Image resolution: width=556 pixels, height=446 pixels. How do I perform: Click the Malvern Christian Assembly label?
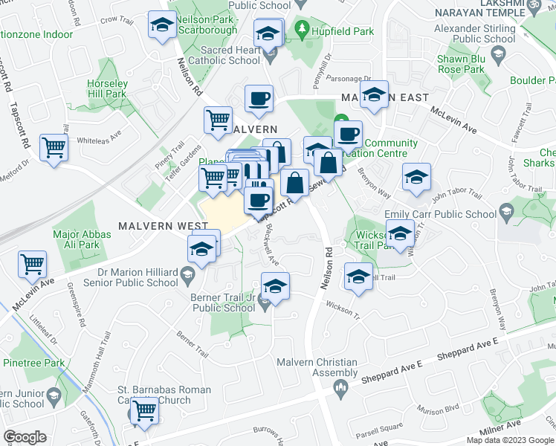(x=317, y=367)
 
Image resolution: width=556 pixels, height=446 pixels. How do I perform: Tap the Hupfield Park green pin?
(x=301, y=30)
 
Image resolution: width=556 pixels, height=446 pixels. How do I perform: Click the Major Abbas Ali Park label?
(x=82, y=239)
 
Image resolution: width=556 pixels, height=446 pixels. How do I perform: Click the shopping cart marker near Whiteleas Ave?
(x=54, y=147)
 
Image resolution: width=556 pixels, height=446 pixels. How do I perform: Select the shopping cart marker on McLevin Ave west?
(x=33, y=263)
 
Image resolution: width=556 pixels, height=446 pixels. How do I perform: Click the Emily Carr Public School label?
(x=440, y=214)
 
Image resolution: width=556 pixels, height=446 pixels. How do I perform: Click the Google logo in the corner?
(x=25, y=437)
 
